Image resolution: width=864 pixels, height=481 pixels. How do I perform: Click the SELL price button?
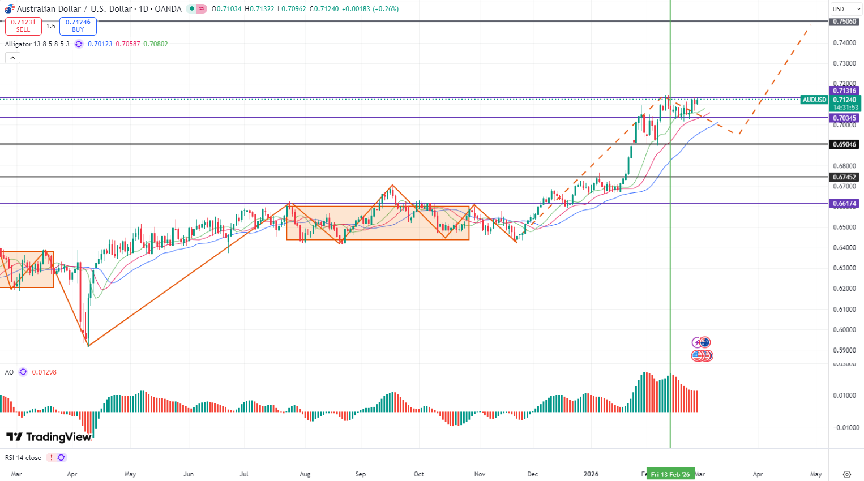tap(23, 26)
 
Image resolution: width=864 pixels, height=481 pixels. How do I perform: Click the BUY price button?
tap(78, 26)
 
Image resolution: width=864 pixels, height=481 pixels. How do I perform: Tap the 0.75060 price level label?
tap(844, 22)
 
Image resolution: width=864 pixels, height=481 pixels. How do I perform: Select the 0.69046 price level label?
tap(844, 144)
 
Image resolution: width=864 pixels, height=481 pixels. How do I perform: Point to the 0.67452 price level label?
tap(844, 177)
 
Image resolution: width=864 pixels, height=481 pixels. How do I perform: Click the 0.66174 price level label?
tap(844, 203)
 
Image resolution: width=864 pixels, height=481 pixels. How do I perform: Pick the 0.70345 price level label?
tap(844, 118)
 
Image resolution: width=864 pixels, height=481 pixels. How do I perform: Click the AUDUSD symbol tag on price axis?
tap(814, 100)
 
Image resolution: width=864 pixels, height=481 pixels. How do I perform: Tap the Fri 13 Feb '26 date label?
tap(670, 474)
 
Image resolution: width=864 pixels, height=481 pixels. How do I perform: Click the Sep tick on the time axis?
tap(361, 474)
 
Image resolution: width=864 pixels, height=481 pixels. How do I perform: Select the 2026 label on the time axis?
tap(591, 474)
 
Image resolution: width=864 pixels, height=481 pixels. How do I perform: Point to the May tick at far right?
tap(816, 474)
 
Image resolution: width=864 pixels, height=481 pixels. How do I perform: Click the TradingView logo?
tap(49, 437)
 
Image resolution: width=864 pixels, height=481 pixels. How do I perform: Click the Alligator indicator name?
tap(18, 44)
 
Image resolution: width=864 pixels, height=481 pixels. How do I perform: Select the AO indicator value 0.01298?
tap(44, 372)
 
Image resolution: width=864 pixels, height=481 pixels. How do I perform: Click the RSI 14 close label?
tap(23, 458)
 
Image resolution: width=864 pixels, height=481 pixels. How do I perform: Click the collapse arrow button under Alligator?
tap(12, 58)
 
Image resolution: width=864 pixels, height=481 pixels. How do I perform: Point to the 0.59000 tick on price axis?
tap(844, 350)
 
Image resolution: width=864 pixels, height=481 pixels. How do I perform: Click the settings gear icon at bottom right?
tap(847, 474)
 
